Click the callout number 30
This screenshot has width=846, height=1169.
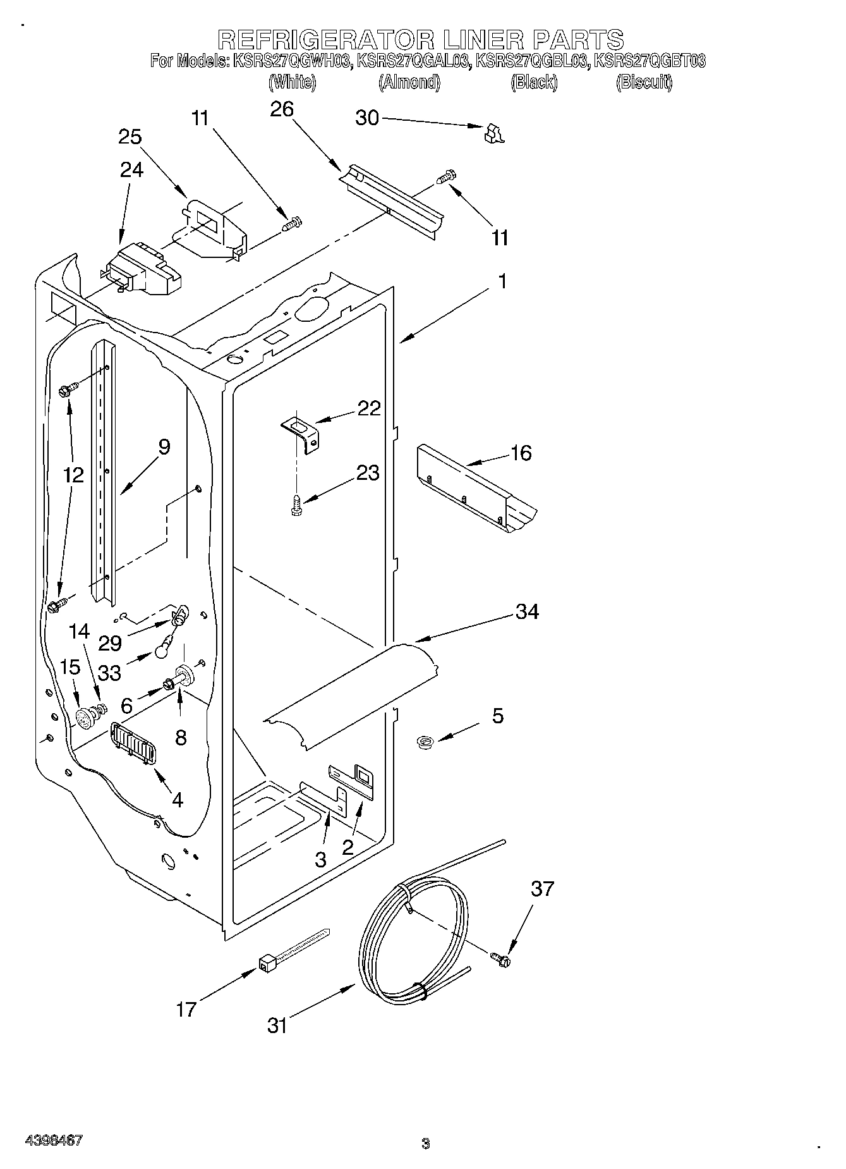tap(367, 118)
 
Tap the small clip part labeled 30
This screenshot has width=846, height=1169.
tap(493, 133)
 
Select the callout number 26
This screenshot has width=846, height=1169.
tap(282, 109)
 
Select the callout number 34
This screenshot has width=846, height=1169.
tap(527, 611)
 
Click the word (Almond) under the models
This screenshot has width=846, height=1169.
tap(409, 82)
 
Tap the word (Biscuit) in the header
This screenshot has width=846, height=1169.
tap(644, 82)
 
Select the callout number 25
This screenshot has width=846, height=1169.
tap(130, 137)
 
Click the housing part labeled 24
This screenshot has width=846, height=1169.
tap(142, 270)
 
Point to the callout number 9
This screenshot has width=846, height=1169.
tap(164, 447)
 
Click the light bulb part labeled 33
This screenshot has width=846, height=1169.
tap(164, 646)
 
